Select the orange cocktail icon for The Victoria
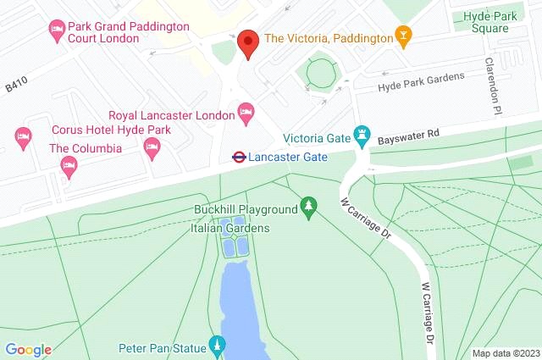pyautogui.click(x=404, y=37)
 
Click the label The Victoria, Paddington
pyautogui.click(x=328, y=37)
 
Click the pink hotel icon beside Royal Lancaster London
pyautogui.click(x=246, y=110)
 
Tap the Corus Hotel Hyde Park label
pyautogui.click(x=110, y=130)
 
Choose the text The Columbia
pyautogui.click(x=85, y=148)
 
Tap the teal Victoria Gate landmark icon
pyautogui.click(x=363, y=135)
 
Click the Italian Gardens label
pyautogui.click(x=230, y=228)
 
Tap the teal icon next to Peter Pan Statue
pyautogui.click(x=218, y=346)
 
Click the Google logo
pyautogui.click(x=28, y=350)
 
